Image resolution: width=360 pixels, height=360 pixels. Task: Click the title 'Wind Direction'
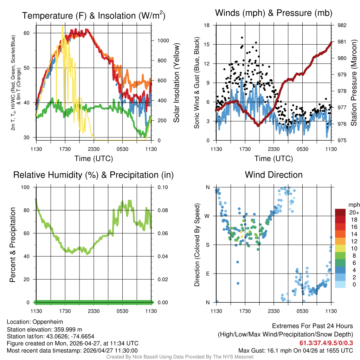(x=274, y=175)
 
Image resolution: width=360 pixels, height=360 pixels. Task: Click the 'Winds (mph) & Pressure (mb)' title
(x=274, y=13)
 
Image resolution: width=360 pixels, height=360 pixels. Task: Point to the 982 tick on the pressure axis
(x=342, y=25)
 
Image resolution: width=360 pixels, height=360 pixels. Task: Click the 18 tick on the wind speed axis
(x=207, y=25)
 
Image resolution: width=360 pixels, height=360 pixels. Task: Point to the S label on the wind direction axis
(x=207, y=245)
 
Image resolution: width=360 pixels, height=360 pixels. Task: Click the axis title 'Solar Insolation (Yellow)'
(x=176, y=83)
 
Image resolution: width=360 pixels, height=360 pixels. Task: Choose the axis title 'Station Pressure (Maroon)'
(x=354, y=83)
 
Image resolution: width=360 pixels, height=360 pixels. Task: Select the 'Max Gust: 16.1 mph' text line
(x=295, y=351)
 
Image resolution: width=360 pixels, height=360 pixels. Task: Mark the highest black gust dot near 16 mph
(x=242, y=38)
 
